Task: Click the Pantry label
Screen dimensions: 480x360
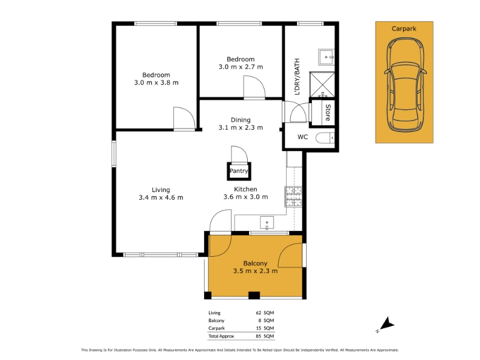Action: click(239, 171)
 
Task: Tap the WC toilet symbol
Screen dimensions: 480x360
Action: click(325, 138)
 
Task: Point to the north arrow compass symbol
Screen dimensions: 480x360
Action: click(386, 325)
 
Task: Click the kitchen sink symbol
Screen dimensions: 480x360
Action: click(266, 223)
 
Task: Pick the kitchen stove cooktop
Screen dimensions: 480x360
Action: click(293, 197)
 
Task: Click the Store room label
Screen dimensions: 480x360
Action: click(328, 112)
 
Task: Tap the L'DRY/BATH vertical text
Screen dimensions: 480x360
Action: click(297, 77)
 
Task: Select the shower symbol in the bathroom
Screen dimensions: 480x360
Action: click(322, 85)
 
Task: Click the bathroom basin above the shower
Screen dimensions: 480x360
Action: click(326, 57)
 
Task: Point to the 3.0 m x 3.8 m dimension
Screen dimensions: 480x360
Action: click(156, 83)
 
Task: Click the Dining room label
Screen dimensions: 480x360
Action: click(241, 119)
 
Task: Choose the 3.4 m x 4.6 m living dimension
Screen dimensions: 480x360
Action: click(161, 197)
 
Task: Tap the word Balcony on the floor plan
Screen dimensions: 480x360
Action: click(256, 263)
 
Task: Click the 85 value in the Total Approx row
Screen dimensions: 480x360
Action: click(259, 336)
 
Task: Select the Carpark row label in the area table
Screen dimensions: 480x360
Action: click(217, 328)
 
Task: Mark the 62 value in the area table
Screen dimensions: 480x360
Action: click(259, 313)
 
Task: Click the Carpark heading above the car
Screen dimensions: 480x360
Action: click(404, 29)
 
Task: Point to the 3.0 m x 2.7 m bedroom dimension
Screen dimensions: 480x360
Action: click(241, 67)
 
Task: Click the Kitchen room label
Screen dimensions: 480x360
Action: click(245, 189)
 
